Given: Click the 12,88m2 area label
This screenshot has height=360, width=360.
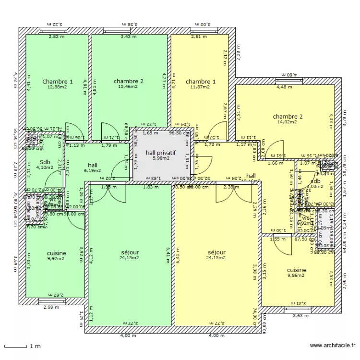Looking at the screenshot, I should click(57, 87).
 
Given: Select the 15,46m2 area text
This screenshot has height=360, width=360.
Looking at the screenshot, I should click(129, 87).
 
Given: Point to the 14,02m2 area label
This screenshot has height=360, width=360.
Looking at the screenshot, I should click(288, 122).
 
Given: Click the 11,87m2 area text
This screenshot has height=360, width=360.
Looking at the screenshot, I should click(200, 87).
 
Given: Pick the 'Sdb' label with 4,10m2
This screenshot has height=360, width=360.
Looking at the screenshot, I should click(45, 162).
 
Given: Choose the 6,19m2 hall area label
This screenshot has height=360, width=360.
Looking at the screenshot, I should click(93, 170).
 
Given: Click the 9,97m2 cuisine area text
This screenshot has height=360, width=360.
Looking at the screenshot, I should click(57, 259).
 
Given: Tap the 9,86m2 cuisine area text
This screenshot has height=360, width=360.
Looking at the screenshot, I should click(296, 276).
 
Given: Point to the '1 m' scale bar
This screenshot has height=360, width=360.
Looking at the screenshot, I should click(19, 346).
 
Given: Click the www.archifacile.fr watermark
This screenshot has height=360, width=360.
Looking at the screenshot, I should click(333, 345).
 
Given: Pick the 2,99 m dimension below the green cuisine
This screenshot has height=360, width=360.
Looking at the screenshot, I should click(51, 308).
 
